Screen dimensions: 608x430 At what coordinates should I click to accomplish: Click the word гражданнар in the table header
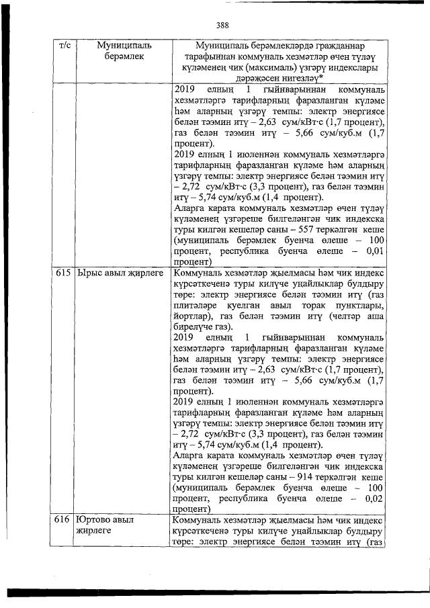coord(337,45)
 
